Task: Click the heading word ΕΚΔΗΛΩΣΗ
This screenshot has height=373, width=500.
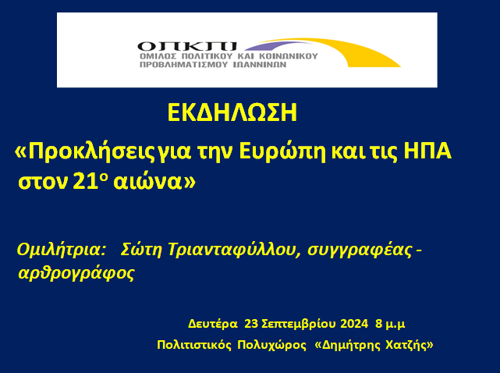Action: [x=232, y=112]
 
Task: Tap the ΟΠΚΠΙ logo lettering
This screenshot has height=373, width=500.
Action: [x=187, y=47]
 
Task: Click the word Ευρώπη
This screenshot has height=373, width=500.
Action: [x=282, y=152]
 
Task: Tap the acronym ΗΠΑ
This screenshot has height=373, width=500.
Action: [x=427, y=151]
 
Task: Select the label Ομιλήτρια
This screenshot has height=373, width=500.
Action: [x=61, y=250]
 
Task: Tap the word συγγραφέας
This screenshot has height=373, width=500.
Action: [x=360, y=250]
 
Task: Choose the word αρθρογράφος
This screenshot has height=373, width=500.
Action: [x=76, y=273]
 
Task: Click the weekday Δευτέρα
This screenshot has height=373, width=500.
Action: [x=213, y=324]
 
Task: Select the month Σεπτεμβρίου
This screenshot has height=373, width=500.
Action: [x=298, y=324]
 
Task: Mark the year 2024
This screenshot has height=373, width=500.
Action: [x=354, y=324]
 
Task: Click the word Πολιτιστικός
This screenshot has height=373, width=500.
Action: [x=194, y=345]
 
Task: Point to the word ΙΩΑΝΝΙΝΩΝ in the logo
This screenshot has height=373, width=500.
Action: [x=260, y=65]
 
